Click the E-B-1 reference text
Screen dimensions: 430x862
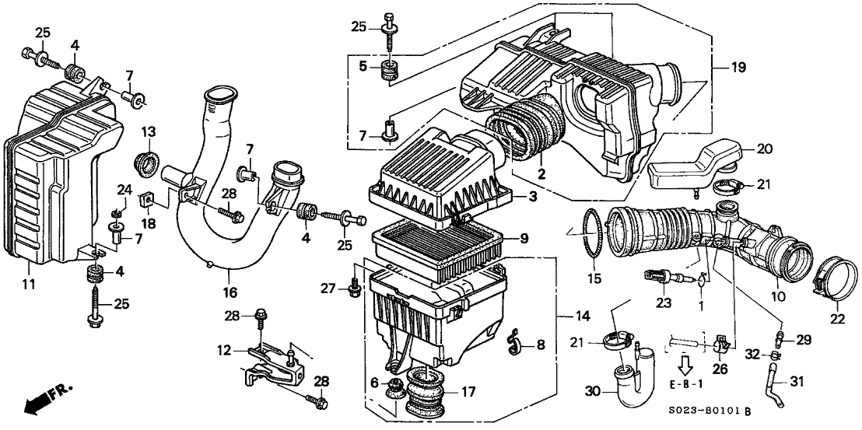point(687,383)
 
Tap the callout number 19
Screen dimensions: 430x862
point(738,68)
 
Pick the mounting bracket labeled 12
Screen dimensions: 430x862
point(268,365)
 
